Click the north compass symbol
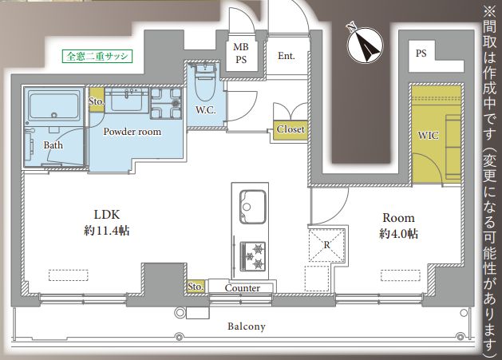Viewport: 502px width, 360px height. point(366,44)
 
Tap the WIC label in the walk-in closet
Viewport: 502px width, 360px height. point(428,136)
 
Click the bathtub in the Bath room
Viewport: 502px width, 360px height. point(53,105)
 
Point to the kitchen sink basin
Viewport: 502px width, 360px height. point(253,207)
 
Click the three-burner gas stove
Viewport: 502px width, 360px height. point(253,255)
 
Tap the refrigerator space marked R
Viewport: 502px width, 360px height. point(326,245)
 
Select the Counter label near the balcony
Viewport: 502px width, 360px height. point(243,288)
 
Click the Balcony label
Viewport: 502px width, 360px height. point(247,326)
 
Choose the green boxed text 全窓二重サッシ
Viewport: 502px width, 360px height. point(97,57)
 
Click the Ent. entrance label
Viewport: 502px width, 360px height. point(287,56)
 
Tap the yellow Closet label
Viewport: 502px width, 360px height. point(291,129)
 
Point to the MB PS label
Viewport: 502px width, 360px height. point(241,53)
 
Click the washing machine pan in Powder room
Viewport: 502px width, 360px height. point(166,103)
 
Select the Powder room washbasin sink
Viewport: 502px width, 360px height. point(126,101)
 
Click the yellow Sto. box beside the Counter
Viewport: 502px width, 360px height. point(196,287)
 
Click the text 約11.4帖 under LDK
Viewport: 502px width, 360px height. point(107,231)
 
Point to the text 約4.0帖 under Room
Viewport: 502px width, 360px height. point(398,234)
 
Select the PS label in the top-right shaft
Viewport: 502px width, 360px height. point(421,53)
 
